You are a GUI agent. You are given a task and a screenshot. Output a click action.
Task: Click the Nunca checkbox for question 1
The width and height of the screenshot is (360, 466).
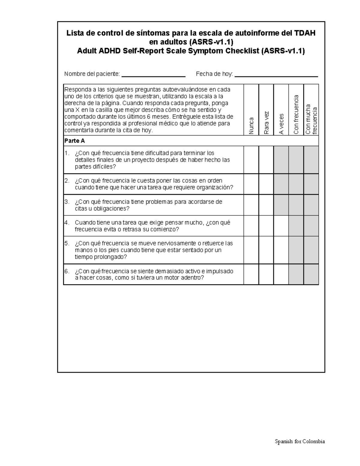tap(251, 160)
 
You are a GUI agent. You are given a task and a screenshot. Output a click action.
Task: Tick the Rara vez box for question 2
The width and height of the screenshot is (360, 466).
tap(266, 184)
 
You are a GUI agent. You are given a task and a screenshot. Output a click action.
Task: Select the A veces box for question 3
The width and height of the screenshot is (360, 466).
tap(281, 205)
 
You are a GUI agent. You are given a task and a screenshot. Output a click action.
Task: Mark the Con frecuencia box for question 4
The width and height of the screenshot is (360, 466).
tap(296, 226)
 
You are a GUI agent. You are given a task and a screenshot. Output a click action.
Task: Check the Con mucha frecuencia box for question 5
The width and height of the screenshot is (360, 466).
tap(311, 250)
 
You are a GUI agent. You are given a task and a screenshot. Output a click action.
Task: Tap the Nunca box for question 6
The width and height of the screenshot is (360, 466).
tap(251, 274)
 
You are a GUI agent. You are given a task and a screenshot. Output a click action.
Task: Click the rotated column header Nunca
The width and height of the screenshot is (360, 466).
tap(251, 126)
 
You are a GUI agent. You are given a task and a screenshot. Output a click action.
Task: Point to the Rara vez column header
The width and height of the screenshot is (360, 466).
tap(266, 122)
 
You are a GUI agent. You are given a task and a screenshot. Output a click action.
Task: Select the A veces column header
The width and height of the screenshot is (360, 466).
tap(281, 124)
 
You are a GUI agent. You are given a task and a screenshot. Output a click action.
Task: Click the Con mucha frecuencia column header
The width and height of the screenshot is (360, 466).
tap(311, 119)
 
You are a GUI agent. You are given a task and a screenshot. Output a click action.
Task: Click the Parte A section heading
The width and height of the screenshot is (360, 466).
tap(75, 141)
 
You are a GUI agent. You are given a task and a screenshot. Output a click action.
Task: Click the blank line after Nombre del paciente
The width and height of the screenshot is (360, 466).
tap(153, 76)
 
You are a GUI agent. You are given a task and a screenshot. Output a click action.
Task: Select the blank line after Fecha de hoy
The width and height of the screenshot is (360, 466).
tap(276, 76)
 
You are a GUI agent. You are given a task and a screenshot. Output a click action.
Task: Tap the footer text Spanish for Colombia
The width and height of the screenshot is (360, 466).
tap(300, 441)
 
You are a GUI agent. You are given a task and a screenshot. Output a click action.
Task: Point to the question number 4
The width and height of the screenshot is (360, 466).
tap(67, 223)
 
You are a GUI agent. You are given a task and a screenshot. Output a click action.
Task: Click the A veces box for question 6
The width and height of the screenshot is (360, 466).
tap(281, 274)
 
